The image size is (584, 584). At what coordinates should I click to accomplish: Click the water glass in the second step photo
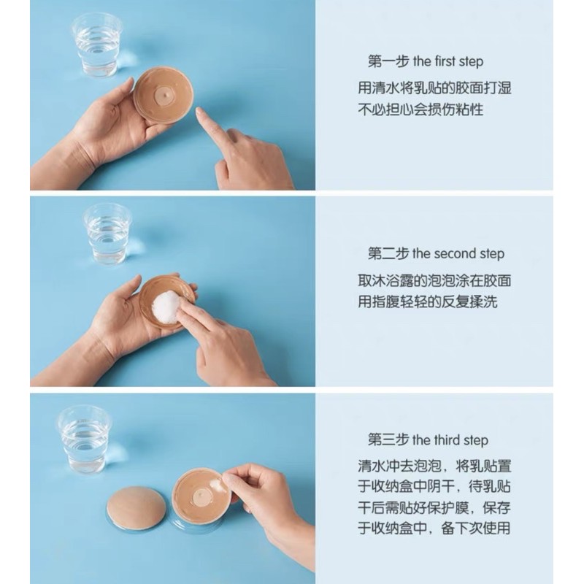tap(107, 233)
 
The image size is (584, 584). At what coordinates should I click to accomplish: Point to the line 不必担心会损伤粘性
tap(420, 110)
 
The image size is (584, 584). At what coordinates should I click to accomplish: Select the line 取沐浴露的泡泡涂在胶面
tap(434, 280)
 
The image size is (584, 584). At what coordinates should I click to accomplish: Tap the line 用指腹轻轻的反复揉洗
tap(427, 301)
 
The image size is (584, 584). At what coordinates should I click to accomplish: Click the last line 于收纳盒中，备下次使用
tap(434, 528)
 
